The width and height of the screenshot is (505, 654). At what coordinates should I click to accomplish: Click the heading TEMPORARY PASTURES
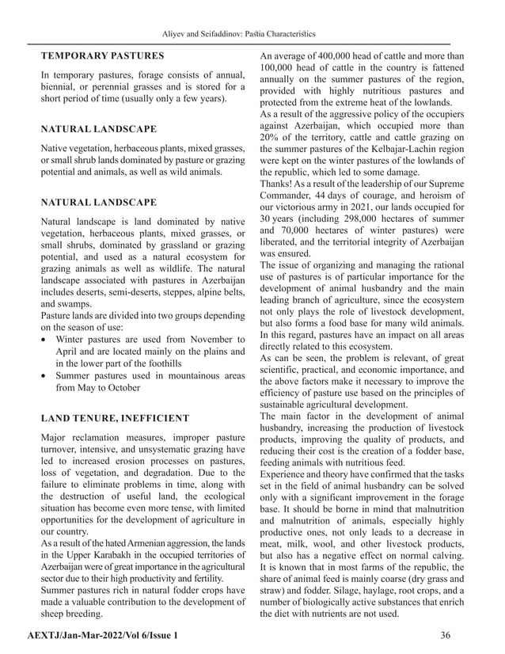[x=103, y=56]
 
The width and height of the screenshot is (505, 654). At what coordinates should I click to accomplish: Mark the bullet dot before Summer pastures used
[x=46, y=376]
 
